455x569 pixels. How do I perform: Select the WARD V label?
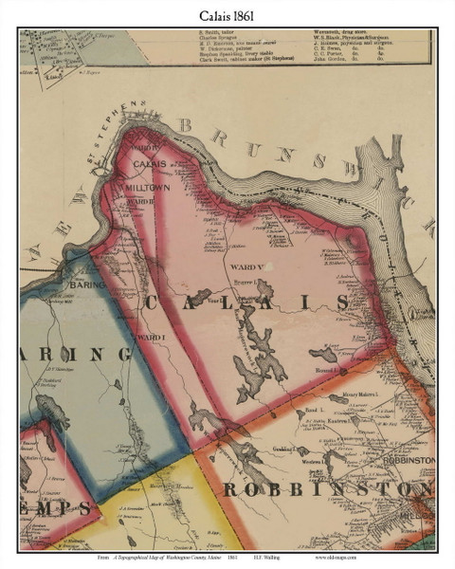click(x=243, y=268)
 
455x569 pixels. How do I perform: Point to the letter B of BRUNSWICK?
click(x=186, y=124)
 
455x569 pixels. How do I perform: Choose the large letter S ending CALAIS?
click(x=340, y=303)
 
